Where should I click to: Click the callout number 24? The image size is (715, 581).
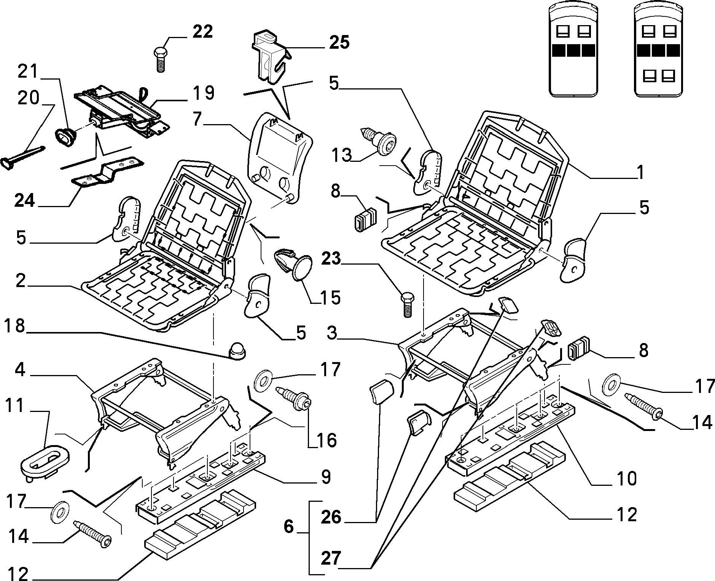[25, 200]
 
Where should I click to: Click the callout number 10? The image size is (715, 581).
[626, 478]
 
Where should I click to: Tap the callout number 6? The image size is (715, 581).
[289, 527]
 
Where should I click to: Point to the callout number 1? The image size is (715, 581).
[641, 172]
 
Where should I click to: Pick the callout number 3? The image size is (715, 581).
[332, 334]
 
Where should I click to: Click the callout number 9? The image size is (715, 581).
[325, 477]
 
